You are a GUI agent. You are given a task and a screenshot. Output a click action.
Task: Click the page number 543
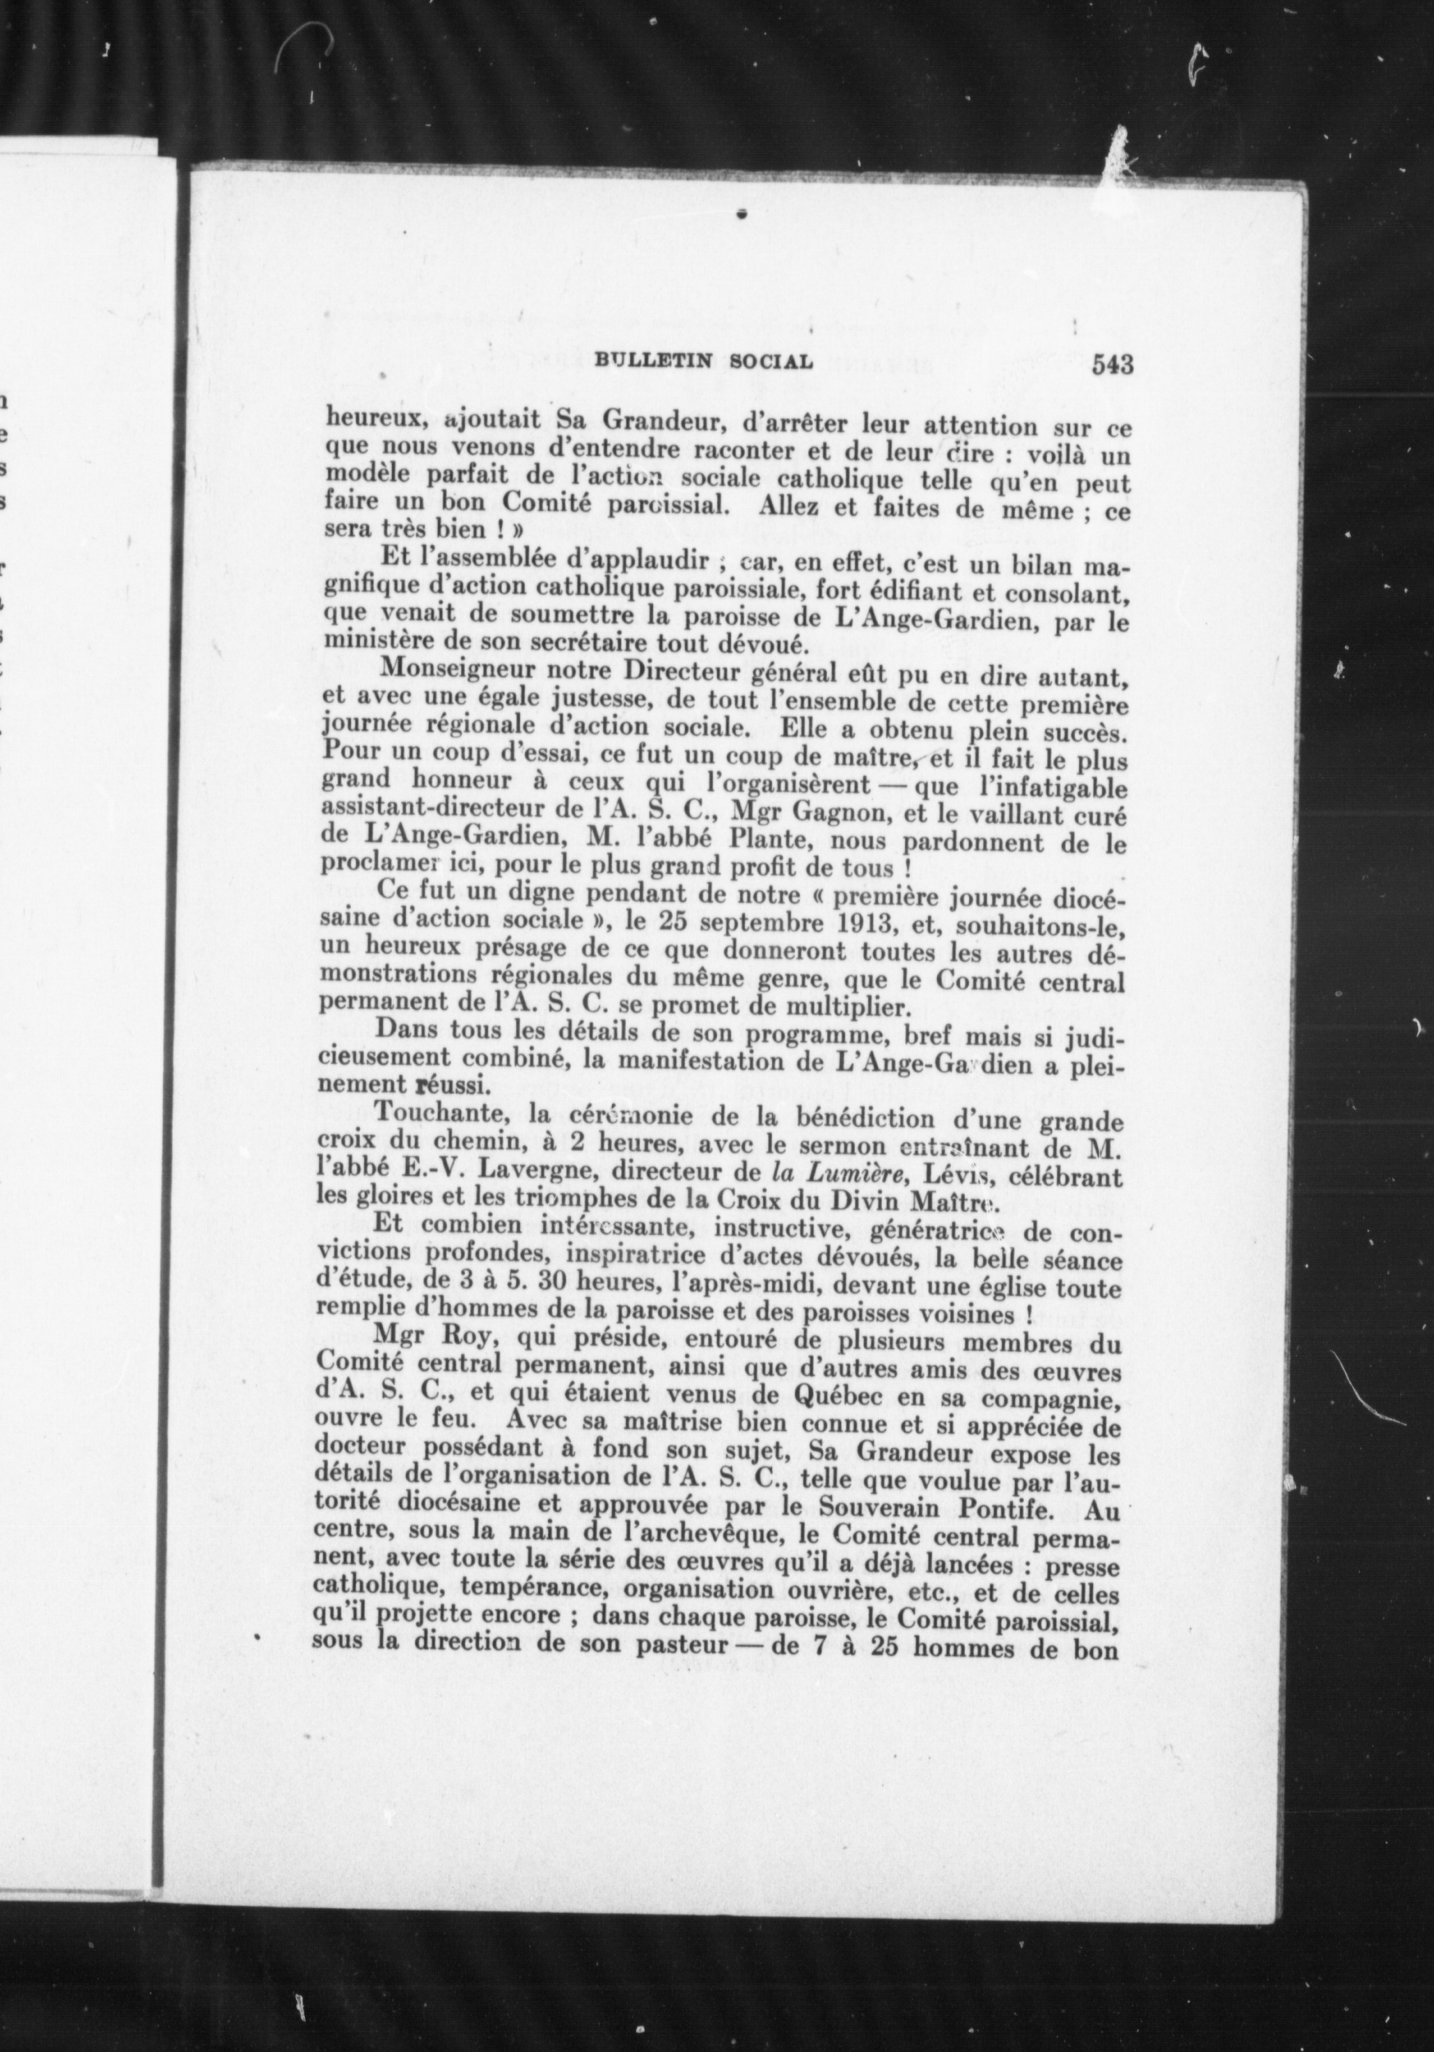(1112, 364)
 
